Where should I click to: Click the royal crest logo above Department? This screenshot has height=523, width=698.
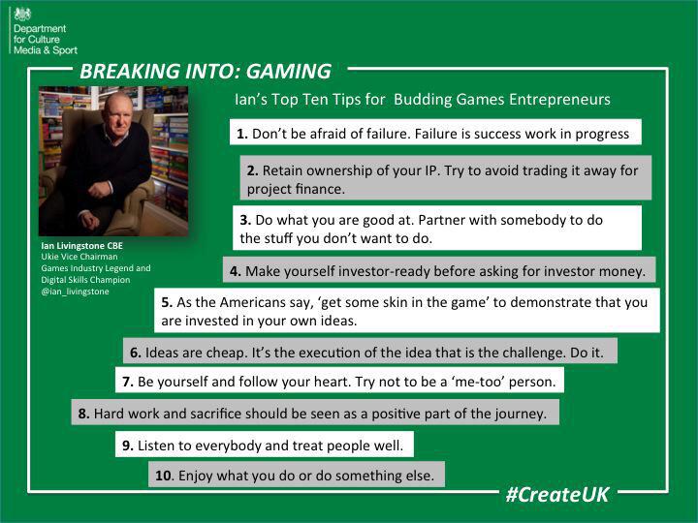[x=22, y=15]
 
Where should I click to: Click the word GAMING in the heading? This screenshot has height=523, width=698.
[x=289, y=71]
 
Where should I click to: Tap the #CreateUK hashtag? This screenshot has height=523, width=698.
[x=557, y=494]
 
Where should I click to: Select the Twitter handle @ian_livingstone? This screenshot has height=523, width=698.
[x=75, y=292]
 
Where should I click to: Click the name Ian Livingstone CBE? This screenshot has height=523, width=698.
[x=81, y=245]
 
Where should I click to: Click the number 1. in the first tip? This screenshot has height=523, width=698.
[x=242, y=134]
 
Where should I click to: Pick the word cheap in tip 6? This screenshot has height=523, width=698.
[x=227, y=354]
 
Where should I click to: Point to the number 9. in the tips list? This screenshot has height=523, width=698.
[x=128, y=446]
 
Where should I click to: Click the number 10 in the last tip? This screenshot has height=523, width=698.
[x=164, y=476]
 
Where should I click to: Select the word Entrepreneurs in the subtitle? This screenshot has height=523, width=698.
[x=559, y=100]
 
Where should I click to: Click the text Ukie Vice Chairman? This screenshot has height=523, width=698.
[x=79, y=257]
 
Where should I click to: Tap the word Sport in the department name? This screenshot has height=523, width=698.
[x=65, y=50]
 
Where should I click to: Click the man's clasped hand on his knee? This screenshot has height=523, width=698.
[x=99, y=190]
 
